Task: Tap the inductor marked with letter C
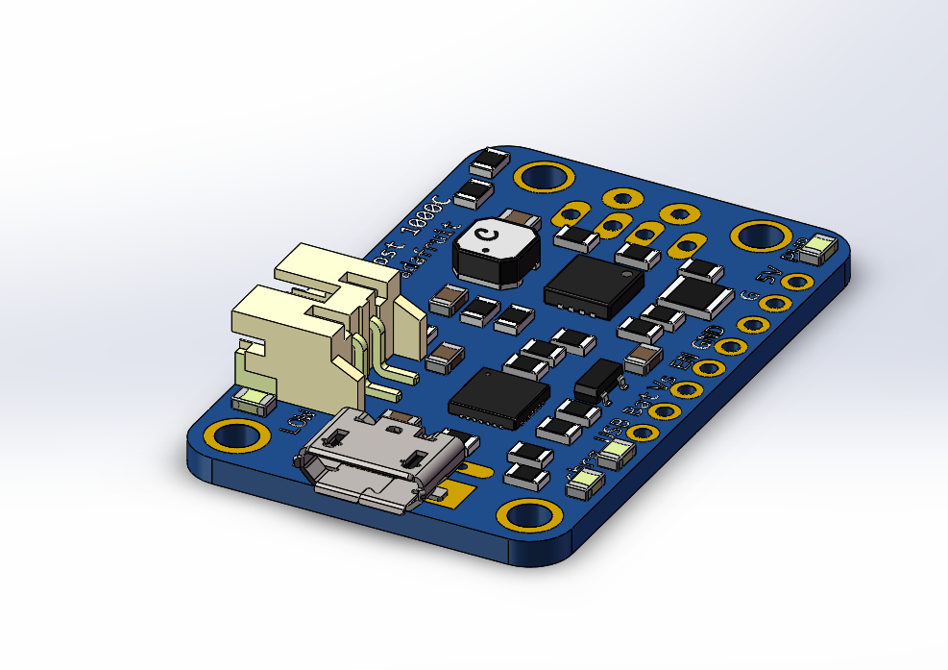496,248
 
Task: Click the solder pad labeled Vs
686,389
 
